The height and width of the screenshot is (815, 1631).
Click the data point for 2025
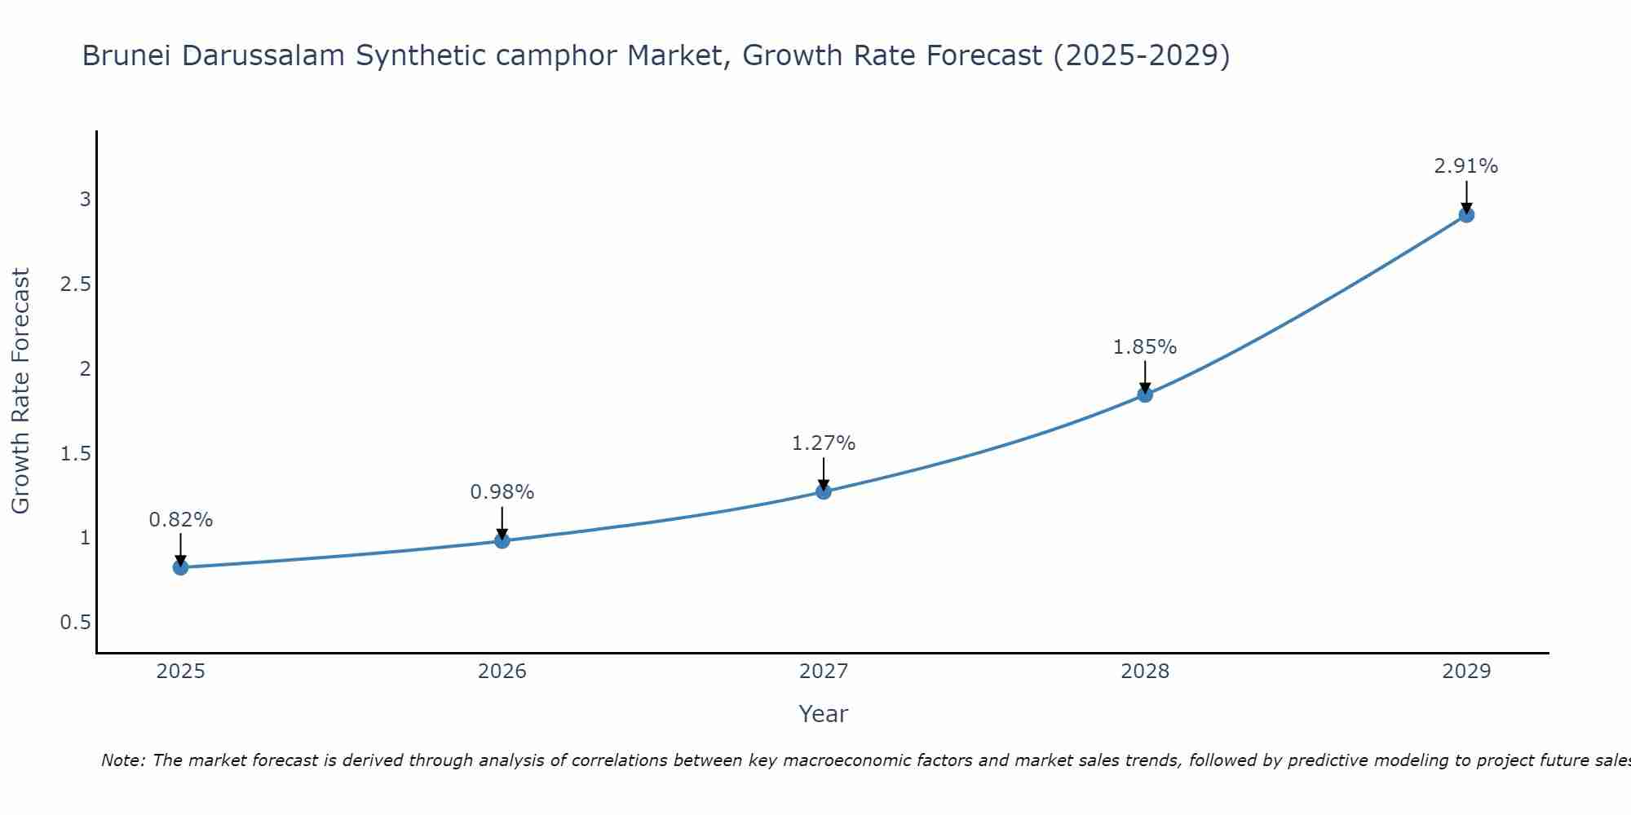pyautogui.click(x=180, y=567)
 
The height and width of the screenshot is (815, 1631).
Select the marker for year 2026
pyautogui.click(x=502, y=540)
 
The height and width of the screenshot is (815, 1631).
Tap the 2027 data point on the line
pyautogui.click(x=824, y=491)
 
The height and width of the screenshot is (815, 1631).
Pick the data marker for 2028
pyautogui.click(x=1145, y=395)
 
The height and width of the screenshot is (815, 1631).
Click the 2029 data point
pyautogui.click(x=1466, y=215)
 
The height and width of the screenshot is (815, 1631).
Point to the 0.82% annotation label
pyautogui.click(x=180, y=520)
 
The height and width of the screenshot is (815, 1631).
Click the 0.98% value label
pyautogui.click(x=502, y=492)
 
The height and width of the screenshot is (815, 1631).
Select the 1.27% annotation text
pyautogui.click(x=824, y=443)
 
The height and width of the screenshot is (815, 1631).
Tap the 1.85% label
pyautogui.click(x=1145, y=347)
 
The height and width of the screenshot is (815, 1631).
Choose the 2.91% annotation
pyautogui.click(x=1466, y=166)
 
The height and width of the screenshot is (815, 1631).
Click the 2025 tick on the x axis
pyautogui.click(x=180, y=672)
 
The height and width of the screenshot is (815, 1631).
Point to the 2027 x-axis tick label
pyautogui.click(x=824, y=672)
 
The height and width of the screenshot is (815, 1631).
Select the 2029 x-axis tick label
pyautogui.click(x=1466, y=672)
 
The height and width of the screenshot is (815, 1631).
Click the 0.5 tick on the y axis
pyautogui.click(x=75, y=623)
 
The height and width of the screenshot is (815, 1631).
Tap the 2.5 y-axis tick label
pyautogui.click(x=75, y=284)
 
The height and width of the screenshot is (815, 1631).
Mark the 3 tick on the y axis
pyautogui.click(x=85, y=200)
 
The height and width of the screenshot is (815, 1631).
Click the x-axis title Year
pyautogui.click(x=824, y=714)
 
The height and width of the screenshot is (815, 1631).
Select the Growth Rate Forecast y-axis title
pyautogui.click(x=20, y=391)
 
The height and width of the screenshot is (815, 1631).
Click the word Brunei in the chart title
pyautogui.click(x=128, y=56)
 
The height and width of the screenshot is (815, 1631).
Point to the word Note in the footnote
pyautogui.click(x=122, y=760)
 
